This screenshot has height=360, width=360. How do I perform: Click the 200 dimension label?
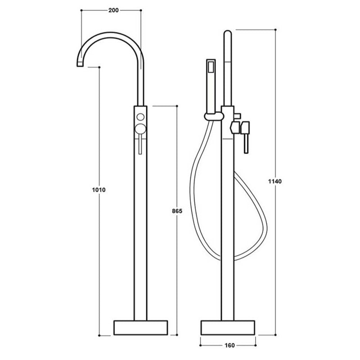coord(111,10)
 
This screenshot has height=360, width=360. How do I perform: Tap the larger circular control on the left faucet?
coord(140,129)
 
